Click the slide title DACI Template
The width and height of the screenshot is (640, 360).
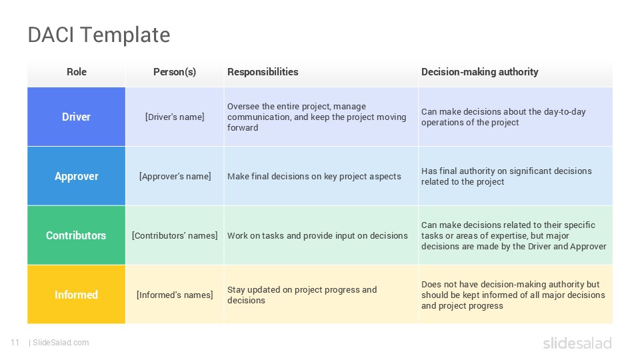(99, 35)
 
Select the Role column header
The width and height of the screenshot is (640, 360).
(77, 72)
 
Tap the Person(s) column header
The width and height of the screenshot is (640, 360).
(175, 72)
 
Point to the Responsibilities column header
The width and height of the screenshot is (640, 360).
(263, 72)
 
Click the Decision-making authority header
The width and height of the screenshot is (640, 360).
(479, 72)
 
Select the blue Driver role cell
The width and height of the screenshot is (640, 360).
(76, 117)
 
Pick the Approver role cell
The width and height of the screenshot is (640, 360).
(76, 176)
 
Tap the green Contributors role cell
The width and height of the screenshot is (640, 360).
(76, 235)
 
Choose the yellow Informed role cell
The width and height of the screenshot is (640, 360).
(76, 295)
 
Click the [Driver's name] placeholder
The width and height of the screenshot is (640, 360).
(175, 117)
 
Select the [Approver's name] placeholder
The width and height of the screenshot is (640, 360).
(175, 176)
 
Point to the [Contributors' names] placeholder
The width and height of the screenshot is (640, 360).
(175, 235)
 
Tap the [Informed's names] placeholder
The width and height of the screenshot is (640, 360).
(175, 295)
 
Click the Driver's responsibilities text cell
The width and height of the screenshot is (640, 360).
(317, 117)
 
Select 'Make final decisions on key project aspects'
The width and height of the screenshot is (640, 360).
(314, 176)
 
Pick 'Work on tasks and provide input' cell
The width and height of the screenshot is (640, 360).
(317, 235)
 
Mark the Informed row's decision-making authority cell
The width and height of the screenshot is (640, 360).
(513, 295)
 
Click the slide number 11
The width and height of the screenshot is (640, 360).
(15, 343)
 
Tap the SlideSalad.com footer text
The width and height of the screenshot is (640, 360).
(60, 343)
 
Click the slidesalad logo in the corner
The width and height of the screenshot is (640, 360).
(577, 343)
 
